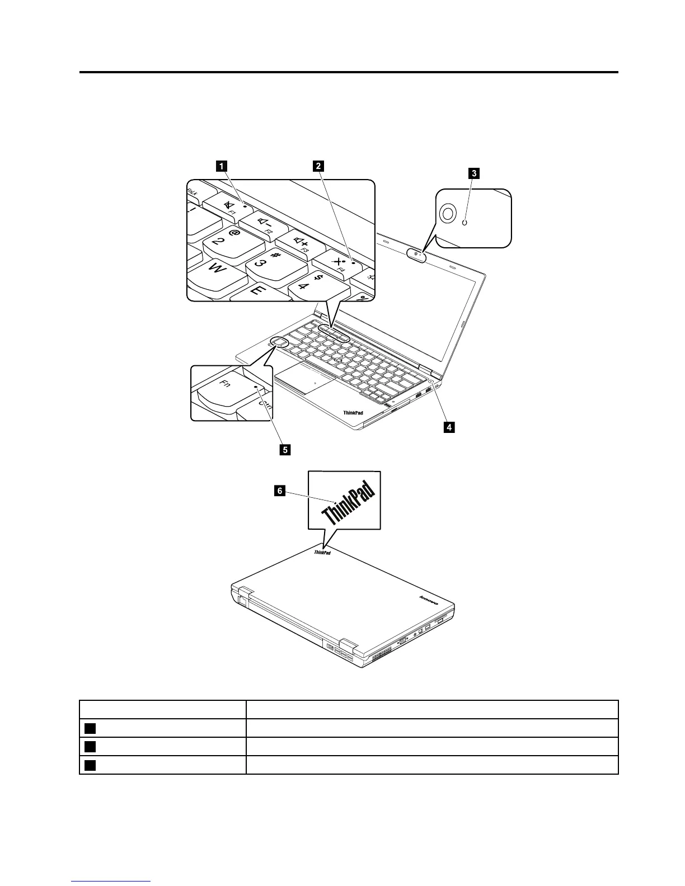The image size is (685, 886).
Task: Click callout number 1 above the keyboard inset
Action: pyautogui.click(x=222, y=166)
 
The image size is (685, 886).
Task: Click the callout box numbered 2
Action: pyautogui.click(x=318, y=166)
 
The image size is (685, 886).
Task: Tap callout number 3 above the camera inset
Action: pyautogui.click(x=473, y=173)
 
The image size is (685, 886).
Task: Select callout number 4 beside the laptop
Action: pyautogui.click(x=448, y=428)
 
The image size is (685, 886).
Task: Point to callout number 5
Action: pyautogui.click(x=285, y=449)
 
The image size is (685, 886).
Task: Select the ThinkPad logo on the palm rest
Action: pyautogui.click(x=353, y=413)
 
